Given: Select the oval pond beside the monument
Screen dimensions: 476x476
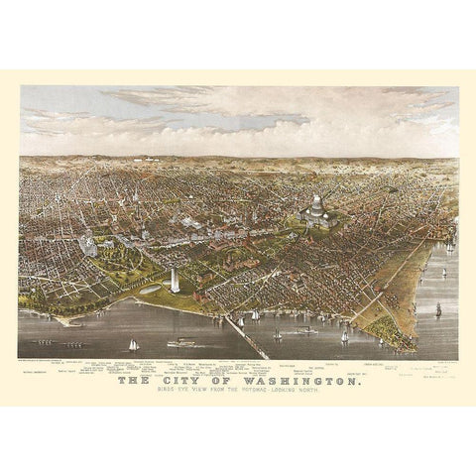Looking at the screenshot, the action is (x=154, y=288).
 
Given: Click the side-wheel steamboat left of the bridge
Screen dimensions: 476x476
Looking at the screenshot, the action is (x=182, y=343).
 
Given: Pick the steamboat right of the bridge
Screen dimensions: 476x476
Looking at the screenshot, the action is (x=303, y=330).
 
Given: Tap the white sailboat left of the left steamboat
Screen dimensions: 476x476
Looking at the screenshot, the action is (x=133, y=345).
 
